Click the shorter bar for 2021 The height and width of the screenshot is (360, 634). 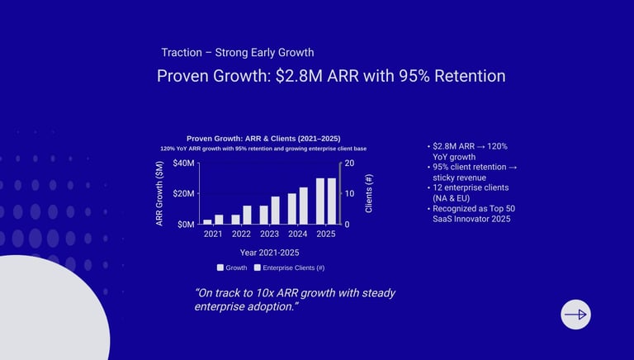[207, 221]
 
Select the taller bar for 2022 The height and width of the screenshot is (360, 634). [247, 215]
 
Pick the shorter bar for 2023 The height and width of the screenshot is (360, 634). [264, 215]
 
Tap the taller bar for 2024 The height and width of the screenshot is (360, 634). [303, 206]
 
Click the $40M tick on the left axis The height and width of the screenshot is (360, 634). [185, 163]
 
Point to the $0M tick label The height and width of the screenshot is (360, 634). [187, 225]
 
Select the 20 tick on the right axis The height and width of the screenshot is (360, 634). [349, 163]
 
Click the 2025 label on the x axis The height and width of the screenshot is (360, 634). [325, 234]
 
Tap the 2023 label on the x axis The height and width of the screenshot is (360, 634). [269, 234]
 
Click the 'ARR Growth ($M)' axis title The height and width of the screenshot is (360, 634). [159, 193]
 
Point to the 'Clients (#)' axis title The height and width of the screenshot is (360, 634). [369, 193]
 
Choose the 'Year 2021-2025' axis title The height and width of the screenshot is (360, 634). [269, 252]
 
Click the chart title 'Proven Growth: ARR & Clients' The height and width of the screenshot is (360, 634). [263, 138]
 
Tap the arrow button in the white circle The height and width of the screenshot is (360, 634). [575, 315]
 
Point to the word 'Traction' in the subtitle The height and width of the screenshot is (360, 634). [182, 52]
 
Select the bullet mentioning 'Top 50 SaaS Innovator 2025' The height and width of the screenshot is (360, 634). [471, 214]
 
